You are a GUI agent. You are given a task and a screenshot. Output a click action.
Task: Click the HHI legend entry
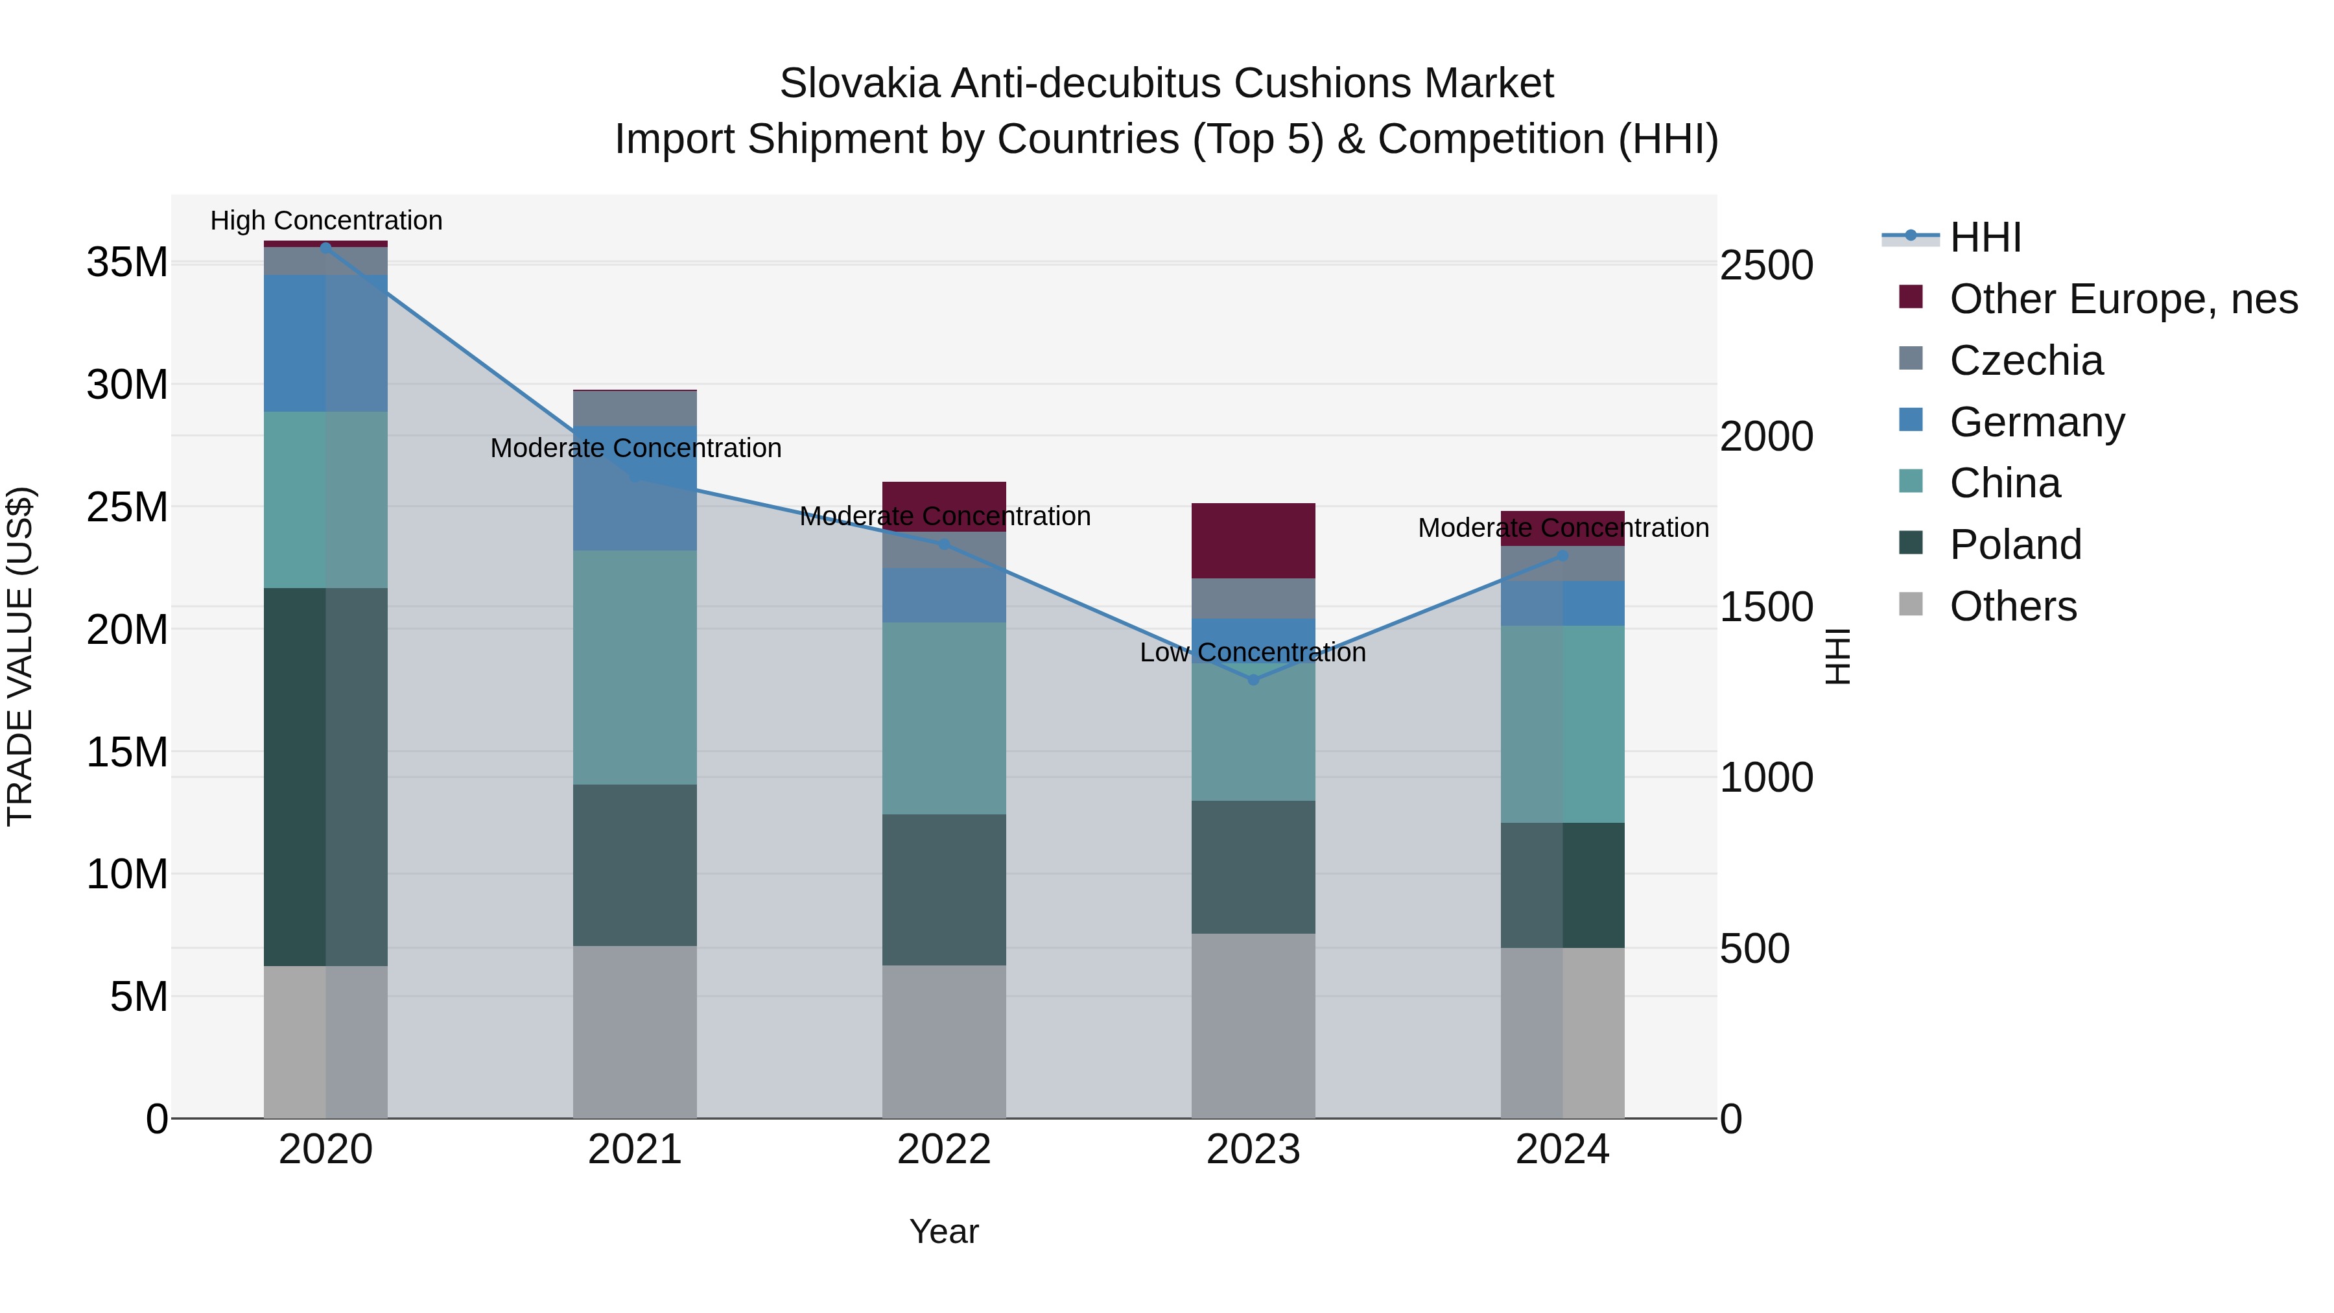pyautogui.click(x=1985, y=237)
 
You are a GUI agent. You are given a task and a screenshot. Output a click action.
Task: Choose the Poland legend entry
pyautogui.click(x=2015, y=545)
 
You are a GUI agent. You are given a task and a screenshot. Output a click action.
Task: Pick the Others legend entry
pyautogui.click(x=2012, y=606)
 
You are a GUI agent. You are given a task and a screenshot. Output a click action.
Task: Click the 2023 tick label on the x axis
pyautogui.click(x=1253, y=1150)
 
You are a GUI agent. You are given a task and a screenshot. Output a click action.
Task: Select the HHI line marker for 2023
pyautogui.click(x=1253, y=680)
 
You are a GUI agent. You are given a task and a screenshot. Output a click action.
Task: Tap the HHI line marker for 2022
pyautogui.click(x=943, y=545)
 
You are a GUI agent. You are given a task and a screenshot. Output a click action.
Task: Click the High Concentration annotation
pyautogui.click(x=326, y=220)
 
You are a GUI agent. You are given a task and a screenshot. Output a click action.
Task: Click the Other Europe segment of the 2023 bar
pyautogui.click(x=1253, y=540)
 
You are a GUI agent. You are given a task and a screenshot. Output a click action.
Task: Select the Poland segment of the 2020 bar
pyautogui.click(x=325, y=777)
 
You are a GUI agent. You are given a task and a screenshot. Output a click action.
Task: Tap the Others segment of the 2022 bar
pyautogui.click(x=943, y=1041)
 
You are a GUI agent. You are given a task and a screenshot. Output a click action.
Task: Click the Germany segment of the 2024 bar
pyautogui.click(x=1562, y=604)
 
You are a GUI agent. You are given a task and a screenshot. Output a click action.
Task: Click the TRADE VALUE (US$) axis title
pyautogui.click(x=20, y=656)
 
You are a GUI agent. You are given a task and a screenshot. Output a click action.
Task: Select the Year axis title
pyautogui.click(x=943, y=1231)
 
